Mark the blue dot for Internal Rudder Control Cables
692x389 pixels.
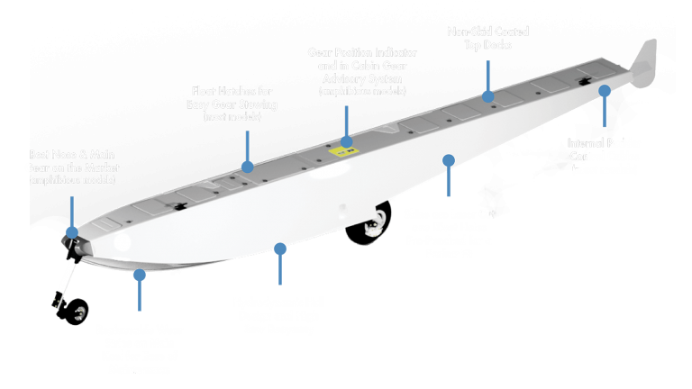coord(604,91)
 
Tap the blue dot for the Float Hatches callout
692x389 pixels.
coord(246,166)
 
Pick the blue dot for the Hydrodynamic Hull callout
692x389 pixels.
coord(280,247)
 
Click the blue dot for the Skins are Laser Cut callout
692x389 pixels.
coord(449,160)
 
